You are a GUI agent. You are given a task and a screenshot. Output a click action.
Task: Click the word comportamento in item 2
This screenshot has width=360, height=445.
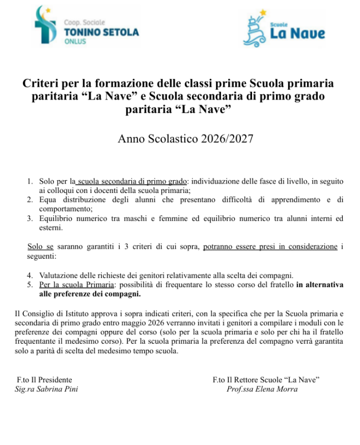(65, 209)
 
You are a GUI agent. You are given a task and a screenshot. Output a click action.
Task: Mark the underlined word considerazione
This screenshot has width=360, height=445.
(310, 246)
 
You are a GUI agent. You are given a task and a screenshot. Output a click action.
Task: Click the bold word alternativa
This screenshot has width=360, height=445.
(323, 285)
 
